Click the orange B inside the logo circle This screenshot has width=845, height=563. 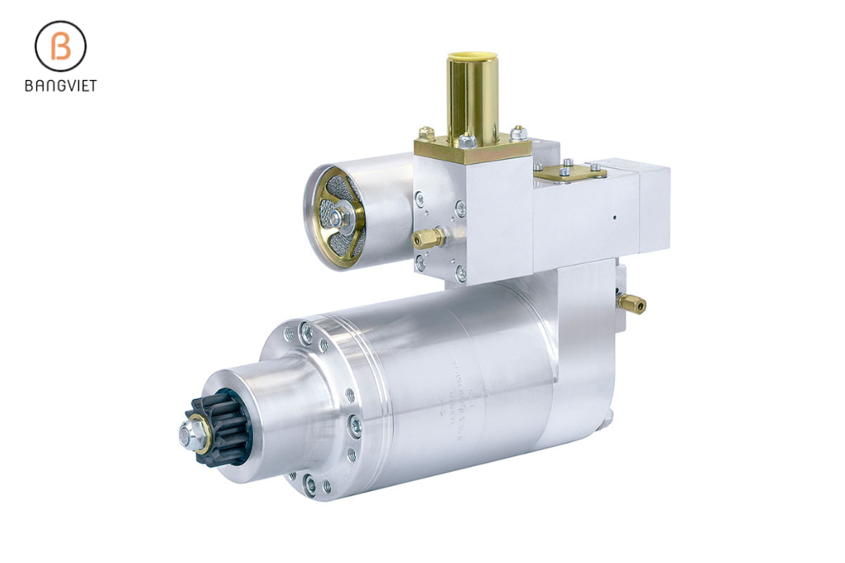60,46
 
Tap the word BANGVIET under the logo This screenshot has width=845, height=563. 60,85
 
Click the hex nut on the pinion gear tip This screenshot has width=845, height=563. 190,435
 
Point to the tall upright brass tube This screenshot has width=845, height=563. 472,99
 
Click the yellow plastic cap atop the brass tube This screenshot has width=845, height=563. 472,59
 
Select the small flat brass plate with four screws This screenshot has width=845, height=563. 570,171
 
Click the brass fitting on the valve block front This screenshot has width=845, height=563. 428,238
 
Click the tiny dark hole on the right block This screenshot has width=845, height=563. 614,218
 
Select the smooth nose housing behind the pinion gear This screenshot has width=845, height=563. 272,412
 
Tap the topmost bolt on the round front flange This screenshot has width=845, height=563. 306,332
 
